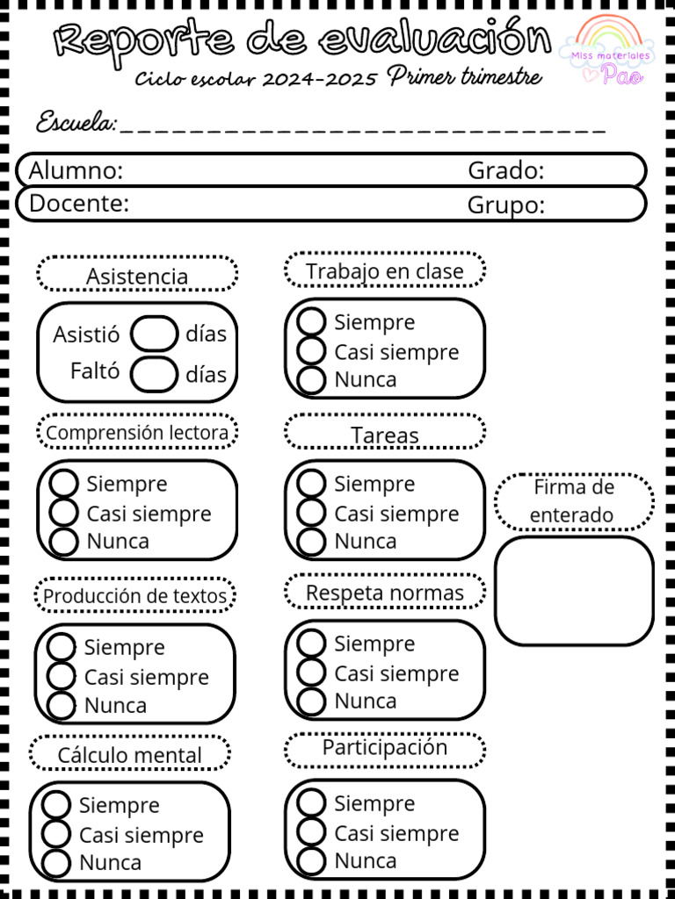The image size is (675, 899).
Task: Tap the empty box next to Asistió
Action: (154, 334)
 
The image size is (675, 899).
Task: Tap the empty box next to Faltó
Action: (154, 374)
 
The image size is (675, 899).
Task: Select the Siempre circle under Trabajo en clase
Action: (311, 322)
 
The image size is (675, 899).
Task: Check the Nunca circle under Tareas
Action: (311, 542)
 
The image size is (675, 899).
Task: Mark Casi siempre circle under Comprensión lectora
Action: (64, 513)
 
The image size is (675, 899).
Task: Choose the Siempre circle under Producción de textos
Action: (62, 648)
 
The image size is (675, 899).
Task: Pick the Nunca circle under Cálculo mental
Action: (56, 863)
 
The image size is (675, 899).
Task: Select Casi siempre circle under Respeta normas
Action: (311, 673)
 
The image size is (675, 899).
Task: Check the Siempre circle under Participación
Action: (311, 803)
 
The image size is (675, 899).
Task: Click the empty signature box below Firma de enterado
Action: (574, 591)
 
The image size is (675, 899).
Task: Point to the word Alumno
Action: (76, 170)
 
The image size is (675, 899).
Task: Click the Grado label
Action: (505, 170)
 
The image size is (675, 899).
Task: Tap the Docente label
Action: (79, 204)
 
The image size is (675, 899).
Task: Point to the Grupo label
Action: (505, 205)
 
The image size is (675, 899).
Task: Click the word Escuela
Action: (76, 123)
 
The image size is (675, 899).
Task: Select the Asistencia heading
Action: (137, 276)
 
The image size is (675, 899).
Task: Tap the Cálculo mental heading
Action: (130, 755)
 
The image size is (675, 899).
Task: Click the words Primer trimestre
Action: (464, 77)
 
